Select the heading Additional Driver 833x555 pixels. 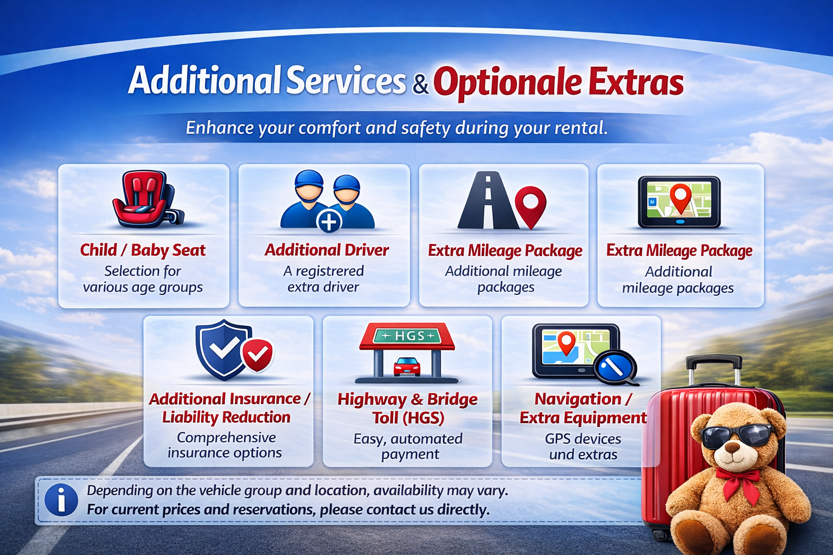(x=326, y=250)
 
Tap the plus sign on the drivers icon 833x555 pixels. (x=329, y=221)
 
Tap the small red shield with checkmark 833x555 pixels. (x=258, y=354)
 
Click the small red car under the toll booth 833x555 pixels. (x=407, y=366)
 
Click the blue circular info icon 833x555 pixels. (x=61, y=499)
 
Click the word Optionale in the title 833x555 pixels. (x=507, y=82)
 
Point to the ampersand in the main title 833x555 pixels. (x=420, y=85)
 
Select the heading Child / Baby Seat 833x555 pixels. (x=143, y=250)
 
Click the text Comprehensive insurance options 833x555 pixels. (x=225, y=445)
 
